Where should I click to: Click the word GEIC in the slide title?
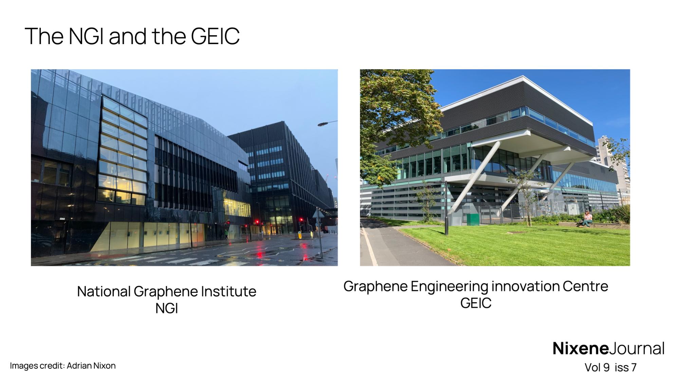pyautogui.click(x=215, y=36)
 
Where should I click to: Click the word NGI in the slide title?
pyautogui.click(x=86, y=36)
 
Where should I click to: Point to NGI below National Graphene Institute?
pyautogui.click(x=167, y=308)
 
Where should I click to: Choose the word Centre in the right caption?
pyautogui.click(x=585, y=286)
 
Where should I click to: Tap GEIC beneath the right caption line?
pyautogui.click(x=476, y=303)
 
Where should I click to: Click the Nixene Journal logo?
pyautogui.click(x=608, y=348)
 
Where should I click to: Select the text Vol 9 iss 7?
pyautogui.click(x=610, y=367)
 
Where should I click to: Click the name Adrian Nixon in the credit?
pyautogui.click(x=91, y=366)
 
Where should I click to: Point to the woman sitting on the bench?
pyautogui.click(x=586, y=219)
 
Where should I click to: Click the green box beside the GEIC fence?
pyautogui.click(x=473, y=220)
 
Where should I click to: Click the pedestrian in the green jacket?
pyautogui.click(x=226, y=234)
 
